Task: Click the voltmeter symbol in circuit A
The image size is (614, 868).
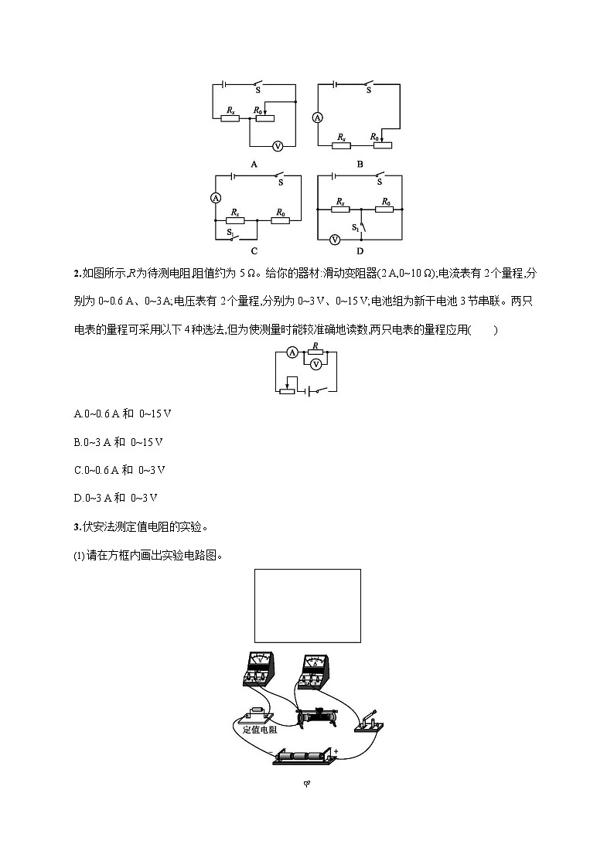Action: [x=278, y=145]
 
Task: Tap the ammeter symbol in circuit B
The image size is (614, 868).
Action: [x=316, y=118]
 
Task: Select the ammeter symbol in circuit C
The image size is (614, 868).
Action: [x=216, y=198]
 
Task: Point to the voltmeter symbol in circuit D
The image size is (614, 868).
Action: [x=335, y=240]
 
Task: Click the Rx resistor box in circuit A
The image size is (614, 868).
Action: [x=230, y=118]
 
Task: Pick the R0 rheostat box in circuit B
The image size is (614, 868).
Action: [x=380, y=145]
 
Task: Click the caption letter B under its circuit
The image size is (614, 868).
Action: [x=360, y=164]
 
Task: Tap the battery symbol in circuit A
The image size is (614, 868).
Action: [x=223, y=83]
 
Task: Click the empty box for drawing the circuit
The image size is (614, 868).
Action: [x=307, y=605]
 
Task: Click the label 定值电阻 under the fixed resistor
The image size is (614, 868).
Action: [x=252, y=728]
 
